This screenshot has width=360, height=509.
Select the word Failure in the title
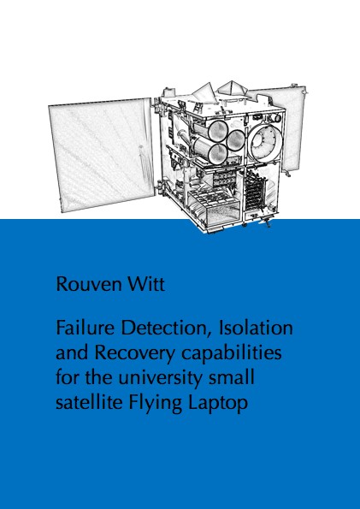coord(85,328)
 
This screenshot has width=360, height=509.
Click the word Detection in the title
coord(167,328)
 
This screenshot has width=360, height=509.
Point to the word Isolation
coord(256,328)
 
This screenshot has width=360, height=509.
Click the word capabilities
coord(232,354)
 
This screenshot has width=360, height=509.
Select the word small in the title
coord(232,378)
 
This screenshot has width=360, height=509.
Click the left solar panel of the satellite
coord(102,154)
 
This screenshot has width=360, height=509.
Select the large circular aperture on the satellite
coord(266,142)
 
